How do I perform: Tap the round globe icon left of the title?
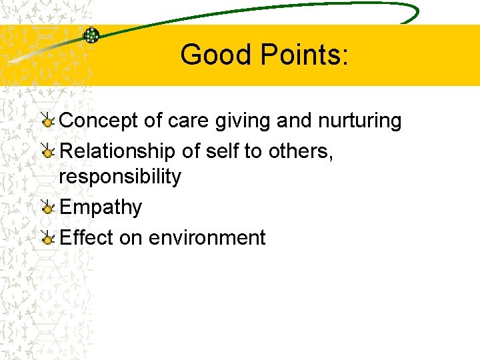pyautogui.click(x=91, y=35)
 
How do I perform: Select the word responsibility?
pyautogui.click(x=120, y=177)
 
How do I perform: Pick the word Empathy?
pyautogui.click(x=101, y=207)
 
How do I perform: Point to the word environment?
pyautogui.click(x=207, y=237)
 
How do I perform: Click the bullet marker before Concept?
pyautogui.click(x=47, y=121)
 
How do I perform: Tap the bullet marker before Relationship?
pyautogui.click(x=47, y=151)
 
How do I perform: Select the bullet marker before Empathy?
pyautogui.click(x=47, y=207)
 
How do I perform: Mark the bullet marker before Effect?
pyautogui.click(x=47, y=237)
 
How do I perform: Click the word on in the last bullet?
pyautogui.click(x=131, y=237)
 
